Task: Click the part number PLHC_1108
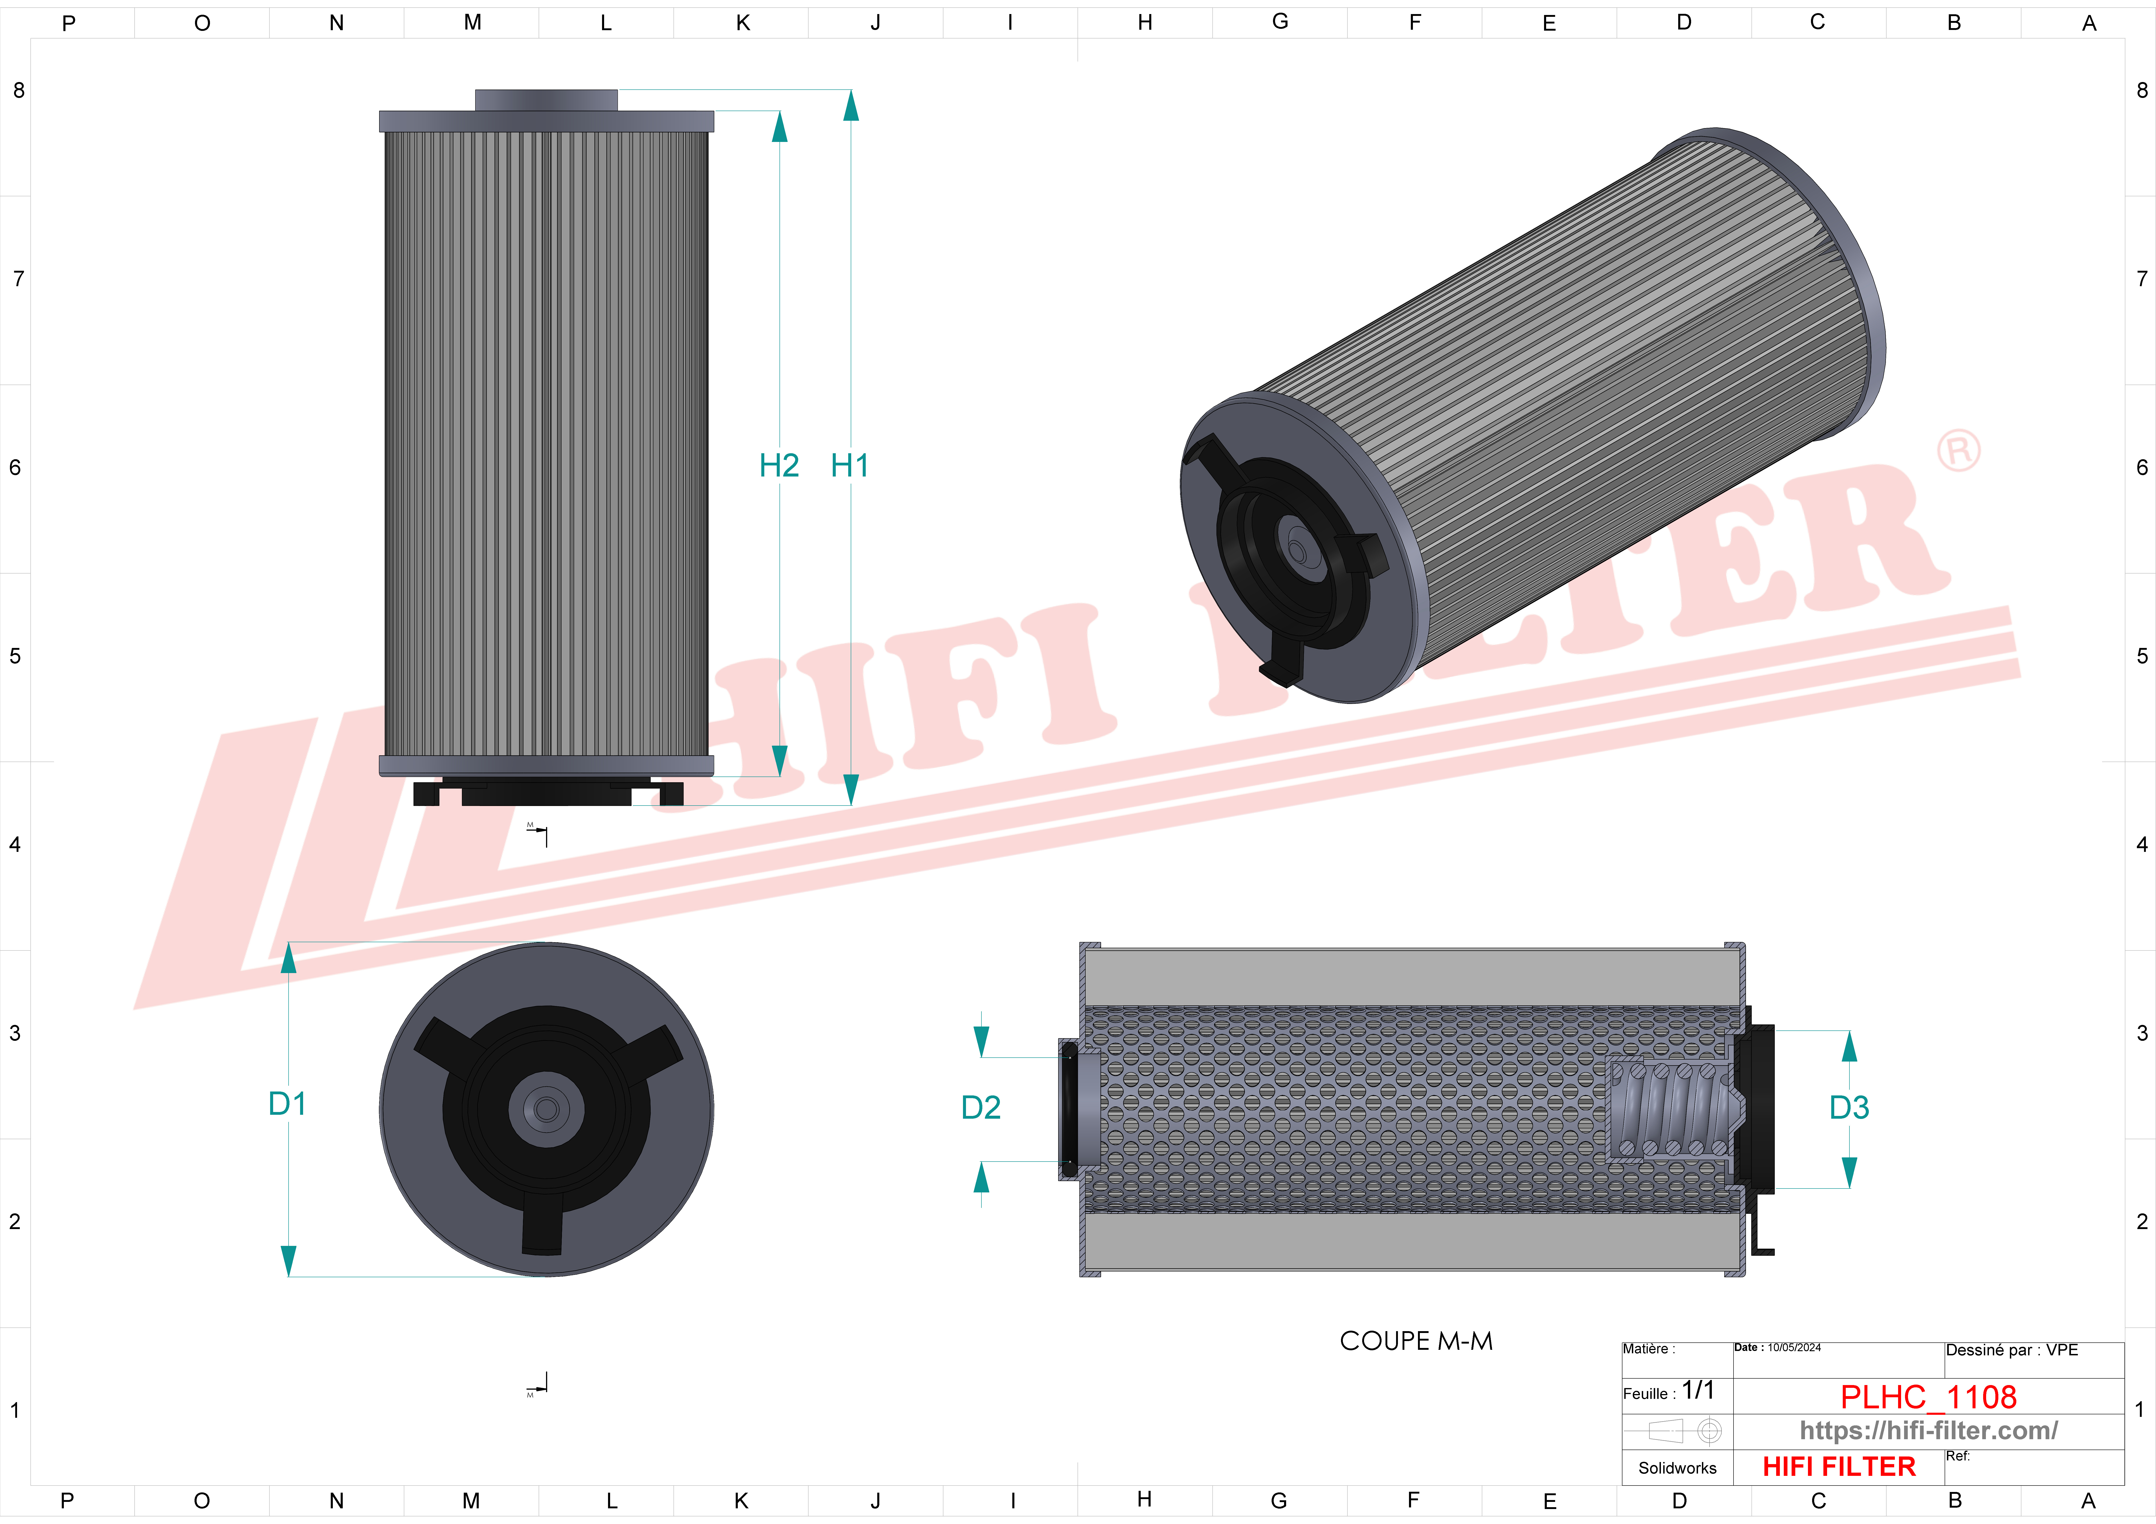coord(1928,1397)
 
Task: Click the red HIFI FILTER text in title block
coord(1839,1467)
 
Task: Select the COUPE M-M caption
coord(1416,1341)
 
